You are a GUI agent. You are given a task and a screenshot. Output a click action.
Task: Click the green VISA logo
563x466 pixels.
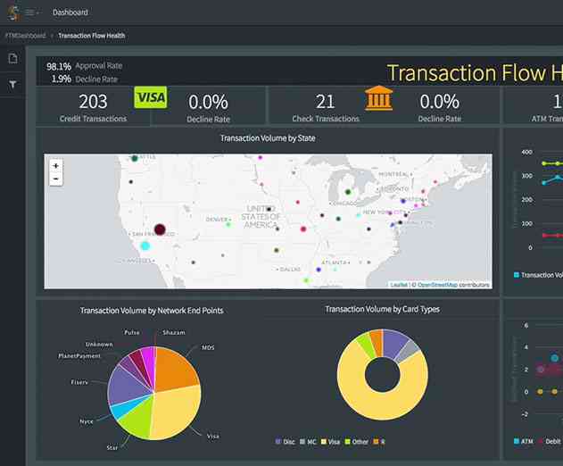(x=151, y=97)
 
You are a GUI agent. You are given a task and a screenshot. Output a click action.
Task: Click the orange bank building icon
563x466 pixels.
(x=378, y=97)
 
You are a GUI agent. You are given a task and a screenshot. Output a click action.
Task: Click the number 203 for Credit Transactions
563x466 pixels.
(x=93, y=102)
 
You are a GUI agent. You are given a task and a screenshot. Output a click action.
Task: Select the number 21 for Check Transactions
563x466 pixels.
(x=326, y=102)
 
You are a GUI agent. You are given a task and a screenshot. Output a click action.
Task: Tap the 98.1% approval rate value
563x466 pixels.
(x=59, y=66)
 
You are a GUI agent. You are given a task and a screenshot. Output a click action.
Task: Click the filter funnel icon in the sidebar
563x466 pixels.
(x=12, y=85)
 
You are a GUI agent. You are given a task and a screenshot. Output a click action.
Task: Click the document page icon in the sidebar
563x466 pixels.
(x=12, y=59)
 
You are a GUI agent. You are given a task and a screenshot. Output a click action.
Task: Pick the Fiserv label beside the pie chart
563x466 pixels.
(x=80, y=381)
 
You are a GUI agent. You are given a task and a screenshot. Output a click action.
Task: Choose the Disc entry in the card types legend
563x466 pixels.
(x=286, y=441)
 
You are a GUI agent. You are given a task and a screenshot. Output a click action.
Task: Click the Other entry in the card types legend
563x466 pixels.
(x=359, y=441)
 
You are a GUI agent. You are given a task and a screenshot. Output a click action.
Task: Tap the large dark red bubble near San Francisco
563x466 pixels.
(x=161, y=230)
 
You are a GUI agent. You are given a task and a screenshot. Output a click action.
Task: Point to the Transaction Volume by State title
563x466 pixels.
(x=267, y=138)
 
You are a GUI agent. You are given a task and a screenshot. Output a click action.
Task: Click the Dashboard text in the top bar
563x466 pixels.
(x=70, y=12)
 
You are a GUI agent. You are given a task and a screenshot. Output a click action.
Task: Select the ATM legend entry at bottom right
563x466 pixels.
(x=526, y=441)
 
